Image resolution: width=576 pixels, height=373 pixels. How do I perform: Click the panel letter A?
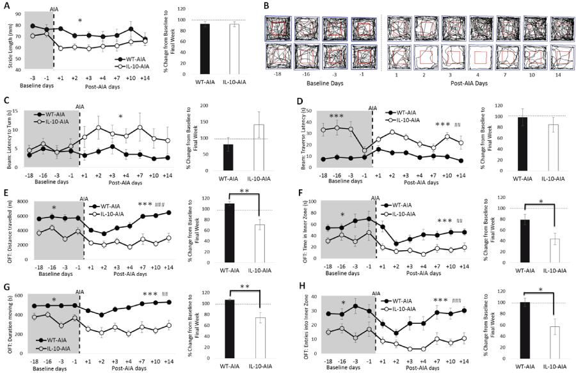tap(6, 6)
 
